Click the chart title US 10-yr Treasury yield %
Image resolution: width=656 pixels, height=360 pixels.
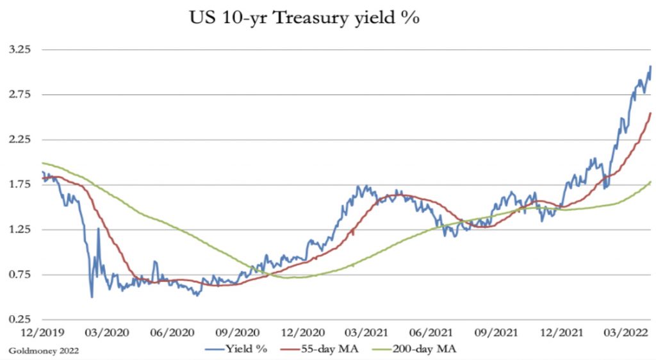tap(304, 18)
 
